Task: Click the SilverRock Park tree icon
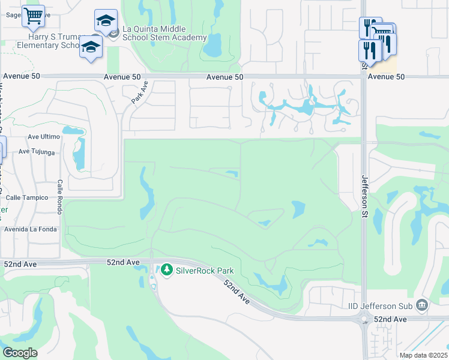[166, 270]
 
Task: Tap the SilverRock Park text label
[204, 271]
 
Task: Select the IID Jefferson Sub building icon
[422, 305]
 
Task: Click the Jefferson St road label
[364, 191]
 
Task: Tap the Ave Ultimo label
[44, 137]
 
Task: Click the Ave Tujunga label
[37, 152]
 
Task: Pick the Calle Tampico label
[27, 197]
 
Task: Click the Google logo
[20, 353]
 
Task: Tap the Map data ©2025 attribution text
[423, 355]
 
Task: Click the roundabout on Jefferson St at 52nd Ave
[365, 319]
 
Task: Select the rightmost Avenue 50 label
[386, 77]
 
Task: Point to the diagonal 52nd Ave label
[236, 290]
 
